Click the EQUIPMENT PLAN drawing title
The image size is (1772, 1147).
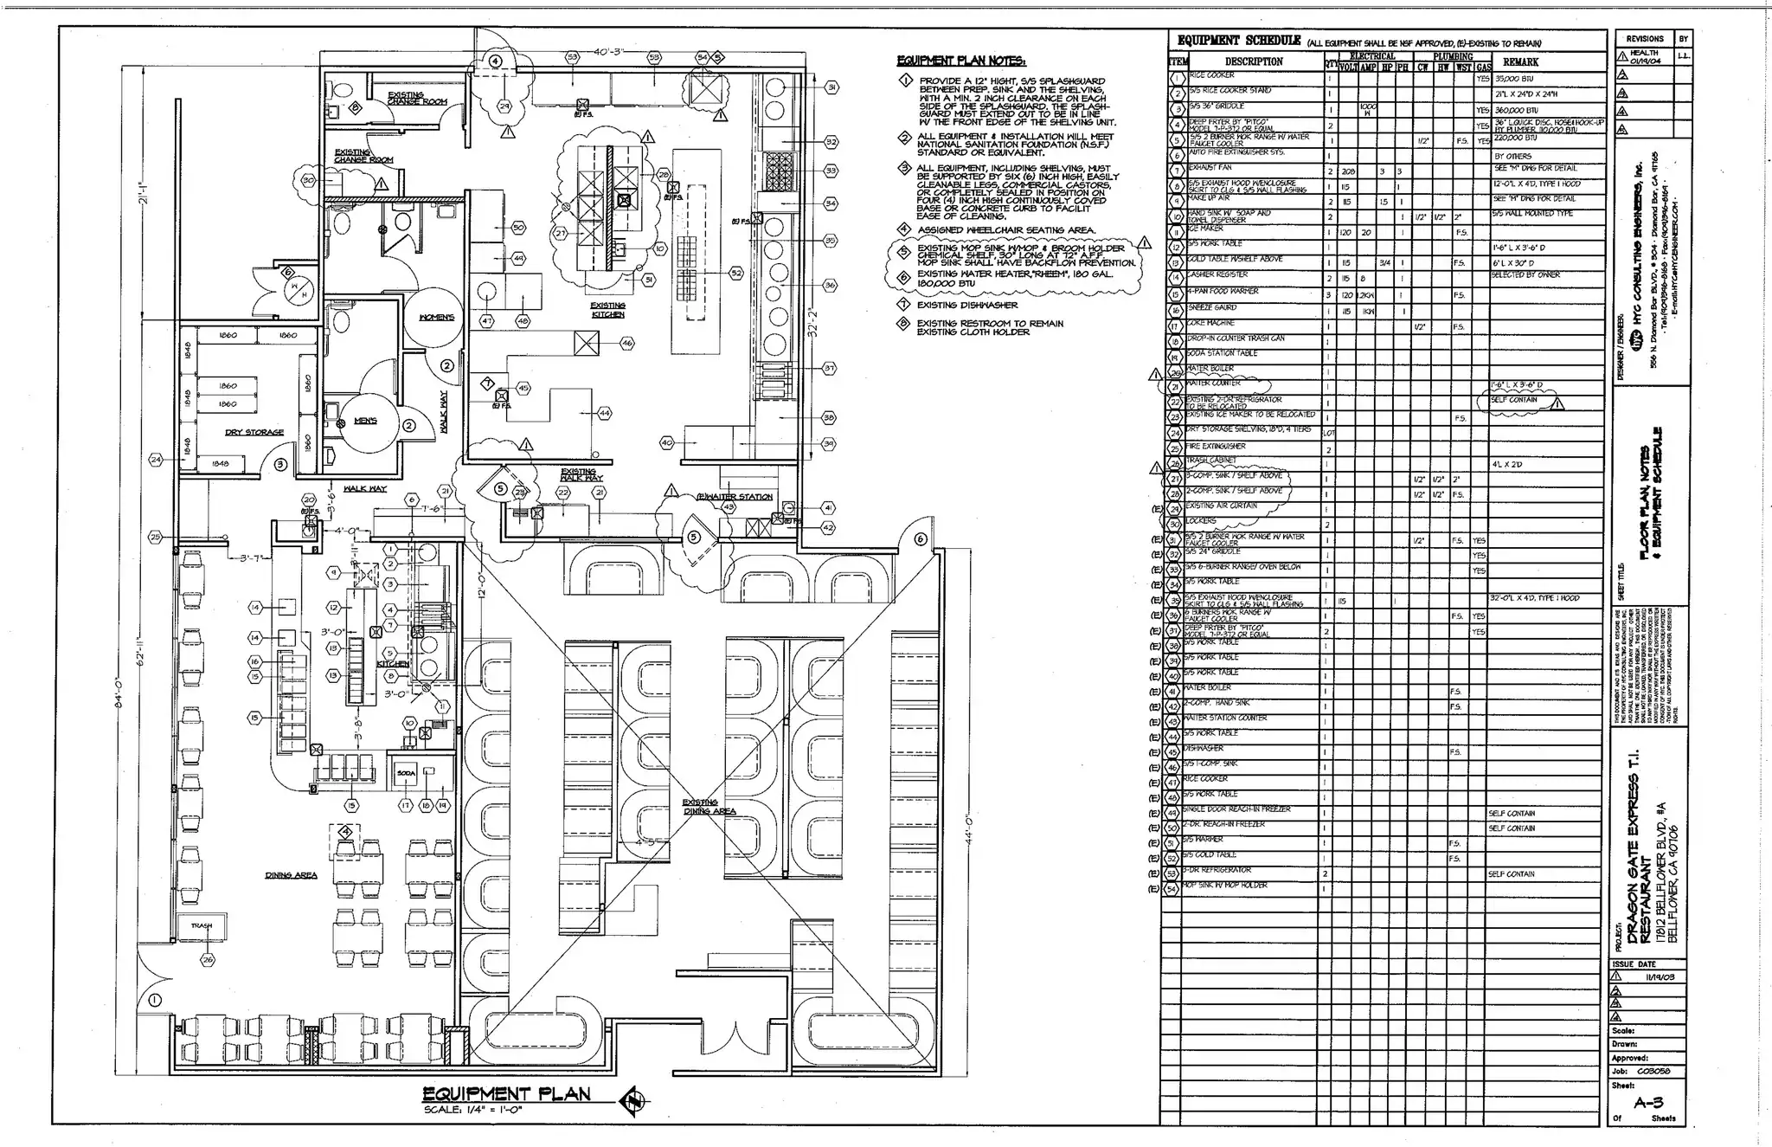[x=506, y=1093]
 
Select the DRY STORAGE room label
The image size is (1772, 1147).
[x=254, y=432]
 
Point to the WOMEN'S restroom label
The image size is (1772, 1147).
[x=437, y=318]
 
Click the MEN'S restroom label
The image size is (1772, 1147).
[x=365, y=422]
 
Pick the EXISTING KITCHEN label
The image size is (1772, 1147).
[x=607, y=310]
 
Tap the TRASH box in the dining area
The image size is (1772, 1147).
[x=202, y=926]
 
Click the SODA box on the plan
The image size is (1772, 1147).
[x=406, y=773]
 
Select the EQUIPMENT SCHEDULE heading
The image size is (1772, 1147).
[x=1239, y=41]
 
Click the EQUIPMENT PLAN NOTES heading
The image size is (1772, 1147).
[x=960, y=61]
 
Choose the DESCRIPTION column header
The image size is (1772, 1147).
[x=1254, y=61]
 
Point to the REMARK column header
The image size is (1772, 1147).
[x=1520, y=61]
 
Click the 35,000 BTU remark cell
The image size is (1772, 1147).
[x=1513, y=77]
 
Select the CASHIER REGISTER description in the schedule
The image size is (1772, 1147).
[x=1220, y=274]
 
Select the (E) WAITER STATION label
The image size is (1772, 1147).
[x=735, y=497]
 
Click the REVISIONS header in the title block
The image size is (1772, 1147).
[x=1644, y=39]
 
